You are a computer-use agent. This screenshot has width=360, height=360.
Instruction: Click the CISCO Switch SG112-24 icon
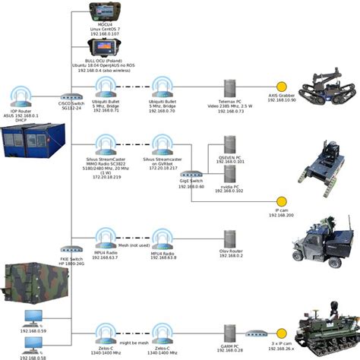click(x=71, y=97)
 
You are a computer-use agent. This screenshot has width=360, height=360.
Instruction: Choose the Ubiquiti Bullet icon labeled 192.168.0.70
click(x=161, y=86)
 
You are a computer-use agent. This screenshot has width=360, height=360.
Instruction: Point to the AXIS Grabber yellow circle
click(x=280, y=87)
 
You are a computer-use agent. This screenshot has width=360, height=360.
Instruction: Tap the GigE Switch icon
click(x=196, y=173)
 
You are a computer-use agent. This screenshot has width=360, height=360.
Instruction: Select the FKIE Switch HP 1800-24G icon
click(x=71, y=248)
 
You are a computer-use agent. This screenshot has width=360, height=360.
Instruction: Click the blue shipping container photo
click(x=27, y=144)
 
